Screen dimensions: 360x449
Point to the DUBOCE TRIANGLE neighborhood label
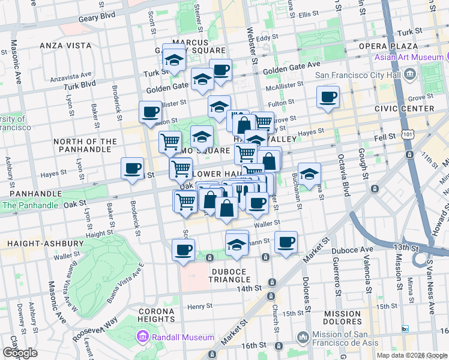coord(230,275)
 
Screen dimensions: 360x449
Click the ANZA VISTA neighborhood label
coord(65,46)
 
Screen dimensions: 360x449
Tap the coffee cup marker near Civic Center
coord(328,97)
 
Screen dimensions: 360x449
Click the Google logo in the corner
coord(20,353)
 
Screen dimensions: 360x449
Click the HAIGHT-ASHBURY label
coord(46,244)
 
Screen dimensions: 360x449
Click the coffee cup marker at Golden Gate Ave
coord(220,69)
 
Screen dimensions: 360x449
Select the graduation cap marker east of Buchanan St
coord(309,173)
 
